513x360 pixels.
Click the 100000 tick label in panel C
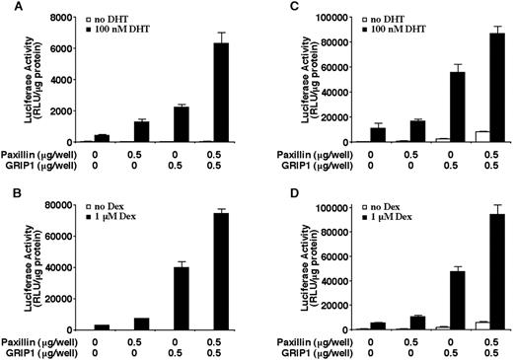[330, 19]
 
